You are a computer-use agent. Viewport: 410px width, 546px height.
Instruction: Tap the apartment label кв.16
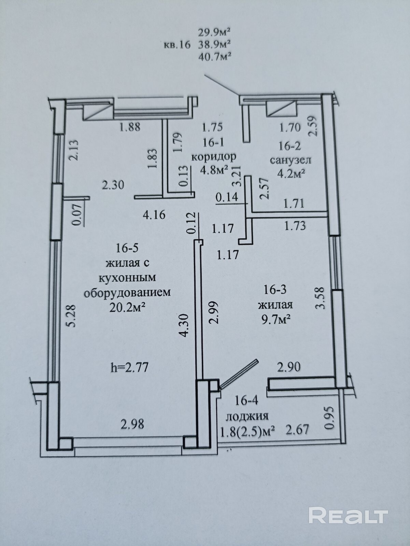click(177, 45)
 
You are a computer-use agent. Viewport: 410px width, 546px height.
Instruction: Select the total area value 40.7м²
click(214, 58)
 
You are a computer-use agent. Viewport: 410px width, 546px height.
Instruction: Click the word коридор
click(213, 157)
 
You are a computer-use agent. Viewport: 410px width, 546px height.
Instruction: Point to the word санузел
click(291, 160)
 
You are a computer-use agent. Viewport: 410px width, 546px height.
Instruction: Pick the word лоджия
click(247, 416)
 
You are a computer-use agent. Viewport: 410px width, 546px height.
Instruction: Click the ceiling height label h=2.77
click(129, 367)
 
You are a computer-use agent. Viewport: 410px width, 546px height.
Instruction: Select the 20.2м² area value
click(127, 308)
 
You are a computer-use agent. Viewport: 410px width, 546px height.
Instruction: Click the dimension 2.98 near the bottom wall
click(132, 424)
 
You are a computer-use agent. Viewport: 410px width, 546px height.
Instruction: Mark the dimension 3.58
click(320, 298)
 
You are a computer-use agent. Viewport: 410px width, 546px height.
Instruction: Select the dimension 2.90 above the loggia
click(289, 367)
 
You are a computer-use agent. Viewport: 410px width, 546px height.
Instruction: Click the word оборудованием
click(127, 293)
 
